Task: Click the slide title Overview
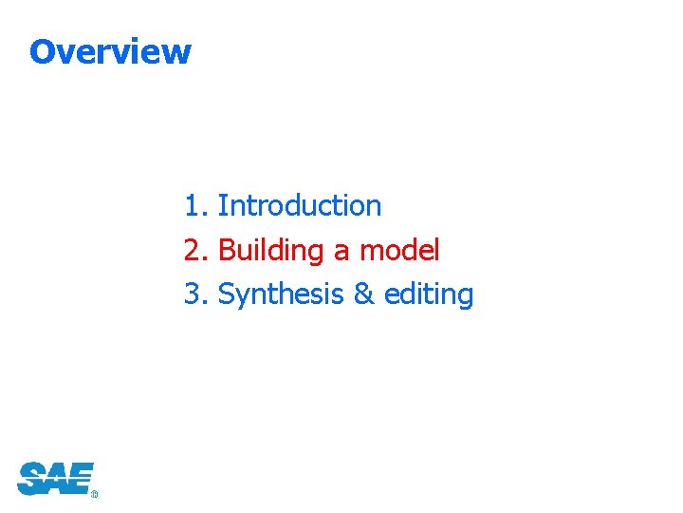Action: pyautogui.click(x=110, y=51)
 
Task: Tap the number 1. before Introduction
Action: pyautogui.click(x=196, y=206)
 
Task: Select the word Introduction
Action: pyautogui.click(x=300, y=206)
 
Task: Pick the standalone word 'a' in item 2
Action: pyautogui.click(x=341, y=253)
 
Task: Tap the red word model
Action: pyautogui.click(x=399, y=251)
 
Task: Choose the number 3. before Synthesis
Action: pyautogui.click(x=196, y=295)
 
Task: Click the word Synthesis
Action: pyautogui.click(x=281, y=295)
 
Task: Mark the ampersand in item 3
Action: pyautogui.click(x=363, y=295)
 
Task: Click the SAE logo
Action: pyautogui.click(x=56, y=478)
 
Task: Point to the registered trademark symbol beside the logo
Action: pyautogui.click(x=94, y=494)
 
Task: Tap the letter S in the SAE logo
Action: pyautogui.click(x=30, y=478)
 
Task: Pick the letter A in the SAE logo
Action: pyautogui.click(x=55, y=478)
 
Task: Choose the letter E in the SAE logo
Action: pyautogui.click(x=81, y=478)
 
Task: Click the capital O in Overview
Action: pyautogui.click(x=42, y=51)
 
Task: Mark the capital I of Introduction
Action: pyautogui.click(x=222, y=206)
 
